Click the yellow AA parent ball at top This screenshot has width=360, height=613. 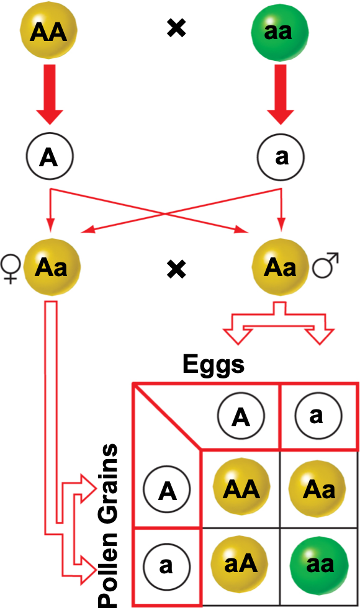pos(49,31)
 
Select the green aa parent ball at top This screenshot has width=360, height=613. pos(278,31)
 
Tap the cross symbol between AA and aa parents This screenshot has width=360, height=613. pos(177,29)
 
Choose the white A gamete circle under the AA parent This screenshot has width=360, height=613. pos(49,157)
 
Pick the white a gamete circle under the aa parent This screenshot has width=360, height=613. pos(282,157)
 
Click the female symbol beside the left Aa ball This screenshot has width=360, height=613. pos(11,267)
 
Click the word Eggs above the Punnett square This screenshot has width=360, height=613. pos(214,365)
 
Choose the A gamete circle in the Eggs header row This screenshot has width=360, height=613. pos(241,417)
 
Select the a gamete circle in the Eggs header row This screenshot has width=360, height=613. pos(317,415)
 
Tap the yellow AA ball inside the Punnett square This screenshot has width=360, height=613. pos(241,490)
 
